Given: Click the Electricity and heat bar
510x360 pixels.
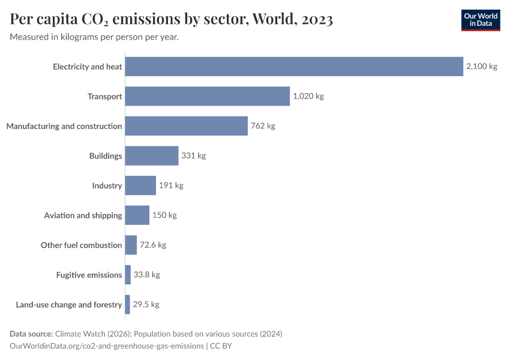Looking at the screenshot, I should click(294, 67).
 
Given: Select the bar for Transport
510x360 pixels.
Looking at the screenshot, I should click(208, 96).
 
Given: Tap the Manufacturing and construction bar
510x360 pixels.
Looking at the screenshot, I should click(187, 126).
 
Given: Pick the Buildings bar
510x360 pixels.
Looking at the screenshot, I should click(152, 156).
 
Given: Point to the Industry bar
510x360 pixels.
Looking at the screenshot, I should click(140, 185).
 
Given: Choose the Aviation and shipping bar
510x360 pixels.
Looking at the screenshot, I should click(137, 215).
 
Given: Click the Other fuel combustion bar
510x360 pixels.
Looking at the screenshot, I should click(131, 245).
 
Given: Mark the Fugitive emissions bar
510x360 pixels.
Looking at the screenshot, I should click(128, 275).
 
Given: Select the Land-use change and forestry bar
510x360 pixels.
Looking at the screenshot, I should click(127, 305).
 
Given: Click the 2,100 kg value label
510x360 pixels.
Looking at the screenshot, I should click(481, 67).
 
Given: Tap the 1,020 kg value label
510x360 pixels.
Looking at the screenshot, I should click(308, 96).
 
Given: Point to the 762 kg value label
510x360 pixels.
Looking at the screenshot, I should click(263, 126).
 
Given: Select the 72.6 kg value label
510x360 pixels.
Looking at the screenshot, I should click(153, 245).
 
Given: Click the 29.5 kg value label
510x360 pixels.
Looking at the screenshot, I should click(146, 305).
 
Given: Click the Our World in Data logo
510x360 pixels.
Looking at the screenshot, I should click(481, 20).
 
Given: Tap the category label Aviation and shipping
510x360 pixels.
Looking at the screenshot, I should click(83, 215).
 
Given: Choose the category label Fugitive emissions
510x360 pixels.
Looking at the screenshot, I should click(89, 275).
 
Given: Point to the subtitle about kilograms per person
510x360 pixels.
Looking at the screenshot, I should click(94, 37).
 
